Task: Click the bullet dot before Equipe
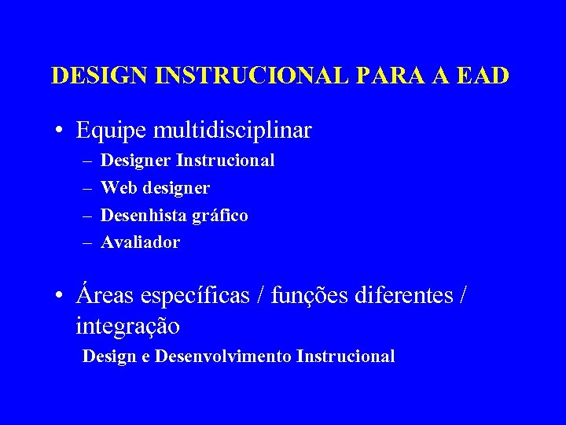click(x=60, y=130)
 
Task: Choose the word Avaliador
click(x=141, y=242)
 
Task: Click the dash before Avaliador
click(x=85, y=242)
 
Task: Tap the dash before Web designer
click(x=85, y=188)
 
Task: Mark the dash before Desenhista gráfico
click(x=85, y=215)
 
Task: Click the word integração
click(x=128, y=324)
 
